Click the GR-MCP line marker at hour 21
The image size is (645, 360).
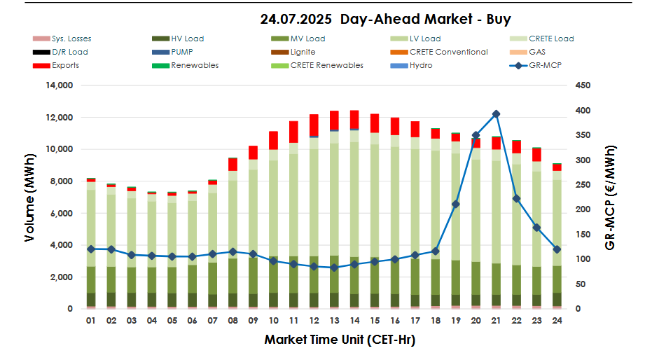click(496, 113)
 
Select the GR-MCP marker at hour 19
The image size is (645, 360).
click(455, 204)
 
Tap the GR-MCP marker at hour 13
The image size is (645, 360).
click(334, 268)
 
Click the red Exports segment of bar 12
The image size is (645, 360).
click(314, 125)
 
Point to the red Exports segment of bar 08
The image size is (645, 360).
click(233, 165)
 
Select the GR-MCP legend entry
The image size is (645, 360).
click(546, 65)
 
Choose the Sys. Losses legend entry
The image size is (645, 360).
click(71, 39)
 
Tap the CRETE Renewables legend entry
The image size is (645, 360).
click(329, 65)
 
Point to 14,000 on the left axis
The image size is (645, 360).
click(60, 85)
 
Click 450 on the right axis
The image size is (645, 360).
click(583, 85)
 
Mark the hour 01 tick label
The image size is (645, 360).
click(90, 320)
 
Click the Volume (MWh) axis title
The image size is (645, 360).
click(29, 198)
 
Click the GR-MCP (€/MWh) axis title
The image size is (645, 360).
click(611, 198)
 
